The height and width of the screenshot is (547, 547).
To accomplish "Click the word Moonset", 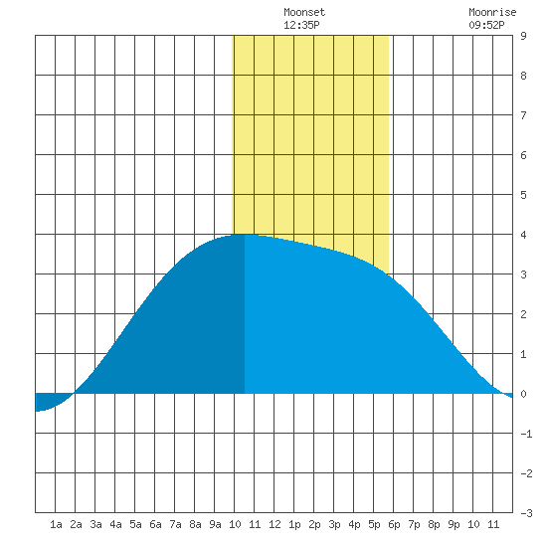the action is [304, 12].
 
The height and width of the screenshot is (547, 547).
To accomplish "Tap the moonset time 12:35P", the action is [301, 25].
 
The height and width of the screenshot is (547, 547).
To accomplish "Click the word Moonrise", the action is [492, 12].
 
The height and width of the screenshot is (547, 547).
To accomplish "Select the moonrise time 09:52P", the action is [486, 25].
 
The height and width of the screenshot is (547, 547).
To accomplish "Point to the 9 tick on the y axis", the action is [523, 36].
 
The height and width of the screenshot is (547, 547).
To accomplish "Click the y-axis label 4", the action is [523, 235].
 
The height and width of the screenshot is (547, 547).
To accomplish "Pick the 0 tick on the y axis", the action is [523, 394].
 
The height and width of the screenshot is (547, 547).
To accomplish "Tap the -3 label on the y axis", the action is [526, 513].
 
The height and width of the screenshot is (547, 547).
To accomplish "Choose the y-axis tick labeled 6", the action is [523, 155].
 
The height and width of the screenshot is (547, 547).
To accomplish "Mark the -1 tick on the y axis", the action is [526, 434].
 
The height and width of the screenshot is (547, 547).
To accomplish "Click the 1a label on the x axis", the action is [56, 524].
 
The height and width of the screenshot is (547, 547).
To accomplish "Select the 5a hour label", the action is [135, 524].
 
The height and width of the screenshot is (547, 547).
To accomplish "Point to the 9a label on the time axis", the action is [215, 524].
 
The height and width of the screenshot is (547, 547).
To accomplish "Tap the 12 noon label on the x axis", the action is [274, 524].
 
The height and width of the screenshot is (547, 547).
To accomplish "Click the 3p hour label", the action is [334, 524].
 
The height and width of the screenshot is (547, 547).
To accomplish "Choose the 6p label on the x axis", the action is [394, 524].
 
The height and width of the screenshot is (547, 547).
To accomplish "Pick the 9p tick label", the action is [454, 524].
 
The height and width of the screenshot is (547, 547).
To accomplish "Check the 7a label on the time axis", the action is [175, 524].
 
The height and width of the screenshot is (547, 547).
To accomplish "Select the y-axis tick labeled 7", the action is [523, 115].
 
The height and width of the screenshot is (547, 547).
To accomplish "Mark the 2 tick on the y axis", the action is [523, 314].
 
